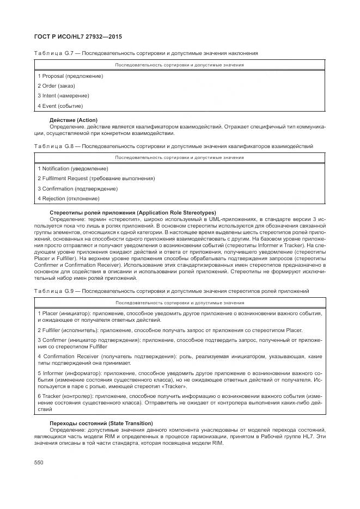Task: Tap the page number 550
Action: (x=39, y=462)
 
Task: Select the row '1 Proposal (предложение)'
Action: (x=70, y=76)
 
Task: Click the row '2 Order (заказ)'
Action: (x=56, y=85)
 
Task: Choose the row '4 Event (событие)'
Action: (x=60, y=106)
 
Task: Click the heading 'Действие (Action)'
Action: (x=74, y=120)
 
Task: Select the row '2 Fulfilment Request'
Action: (x=96, y=178)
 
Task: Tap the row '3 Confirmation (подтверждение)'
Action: (x=77, y=188)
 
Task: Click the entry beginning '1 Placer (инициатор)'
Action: (x=180, y=317)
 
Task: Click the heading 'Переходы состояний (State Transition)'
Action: (x=101, y=423)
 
